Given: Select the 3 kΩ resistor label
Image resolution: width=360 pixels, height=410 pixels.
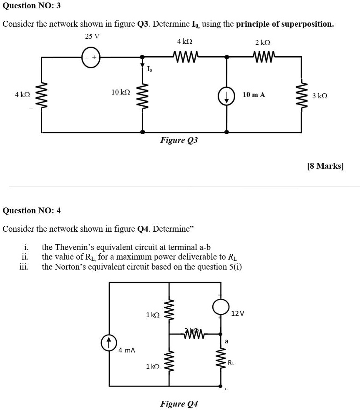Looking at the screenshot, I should coord(320,96).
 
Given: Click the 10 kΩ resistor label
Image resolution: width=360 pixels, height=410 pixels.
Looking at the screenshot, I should coord(121,92).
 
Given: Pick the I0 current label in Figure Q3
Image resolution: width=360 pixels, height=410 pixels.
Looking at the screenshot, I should coord(149,69).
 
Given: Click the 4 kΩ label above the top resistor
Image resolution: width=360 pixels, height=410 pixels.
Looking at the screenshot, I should coord(184,42).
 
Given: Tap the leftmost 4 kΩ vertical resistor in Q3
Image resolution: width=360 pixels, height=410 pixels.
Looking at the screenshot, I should coord(41,95).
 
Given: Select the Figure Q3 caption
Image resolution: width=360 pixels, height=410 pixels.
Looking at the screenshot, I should coord(179,140).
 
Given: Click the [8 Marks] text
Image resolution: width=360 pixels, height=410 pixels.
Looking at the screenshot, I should coord(325,166).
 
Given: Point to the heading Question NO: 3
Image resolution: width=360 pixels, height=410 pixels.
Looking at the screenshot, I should coord(32,6).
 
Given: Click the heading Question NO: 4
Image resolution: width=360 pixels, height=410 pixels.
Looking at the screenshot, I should coord(32,210).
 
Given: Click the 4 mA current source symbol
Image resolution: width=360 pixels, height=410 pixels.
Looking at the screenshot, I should coord(108,342).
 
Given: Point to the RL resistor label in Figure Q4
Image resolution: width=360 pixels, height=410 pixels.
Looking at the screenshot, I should coord(231,362).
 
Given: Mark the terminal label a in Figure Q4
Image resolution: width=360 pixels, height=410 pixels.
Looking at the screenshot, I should coord(227,341).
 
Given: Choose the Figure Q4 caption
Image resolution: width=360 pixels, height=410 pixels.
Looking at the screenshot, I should coord(179,403).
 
